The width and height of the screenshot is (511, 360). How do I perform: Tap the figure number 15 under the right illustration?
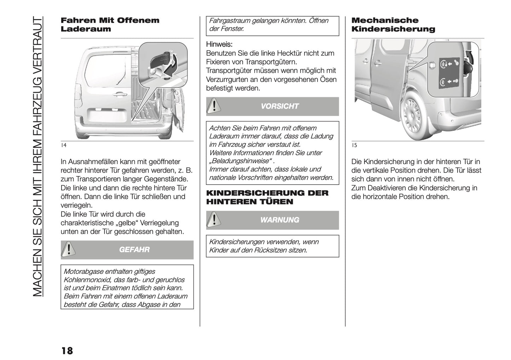[354, 145]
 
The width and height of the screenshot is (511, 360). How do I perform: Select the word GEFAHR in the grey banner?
[134, 250]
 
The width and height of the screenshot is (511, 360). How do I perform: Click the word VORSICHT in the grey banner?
[280, 106]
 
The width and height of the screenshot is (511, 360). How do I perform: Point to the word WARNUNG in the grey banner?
[280, 220]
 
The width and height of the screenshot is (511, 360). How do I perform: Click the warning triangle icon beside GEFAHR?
[69, 250]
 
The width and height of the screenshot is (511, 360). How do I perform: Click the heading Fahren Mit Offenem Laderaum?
[110, 24]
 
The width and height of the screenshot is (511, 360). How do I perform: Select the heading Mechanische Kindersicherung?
[393, 24]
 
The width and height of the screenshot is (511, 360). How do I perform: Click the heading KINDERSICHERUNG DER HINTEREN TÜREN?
[267, 197]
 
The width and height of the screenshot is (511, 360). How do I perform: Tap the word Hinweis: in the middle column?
[219, 45]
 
